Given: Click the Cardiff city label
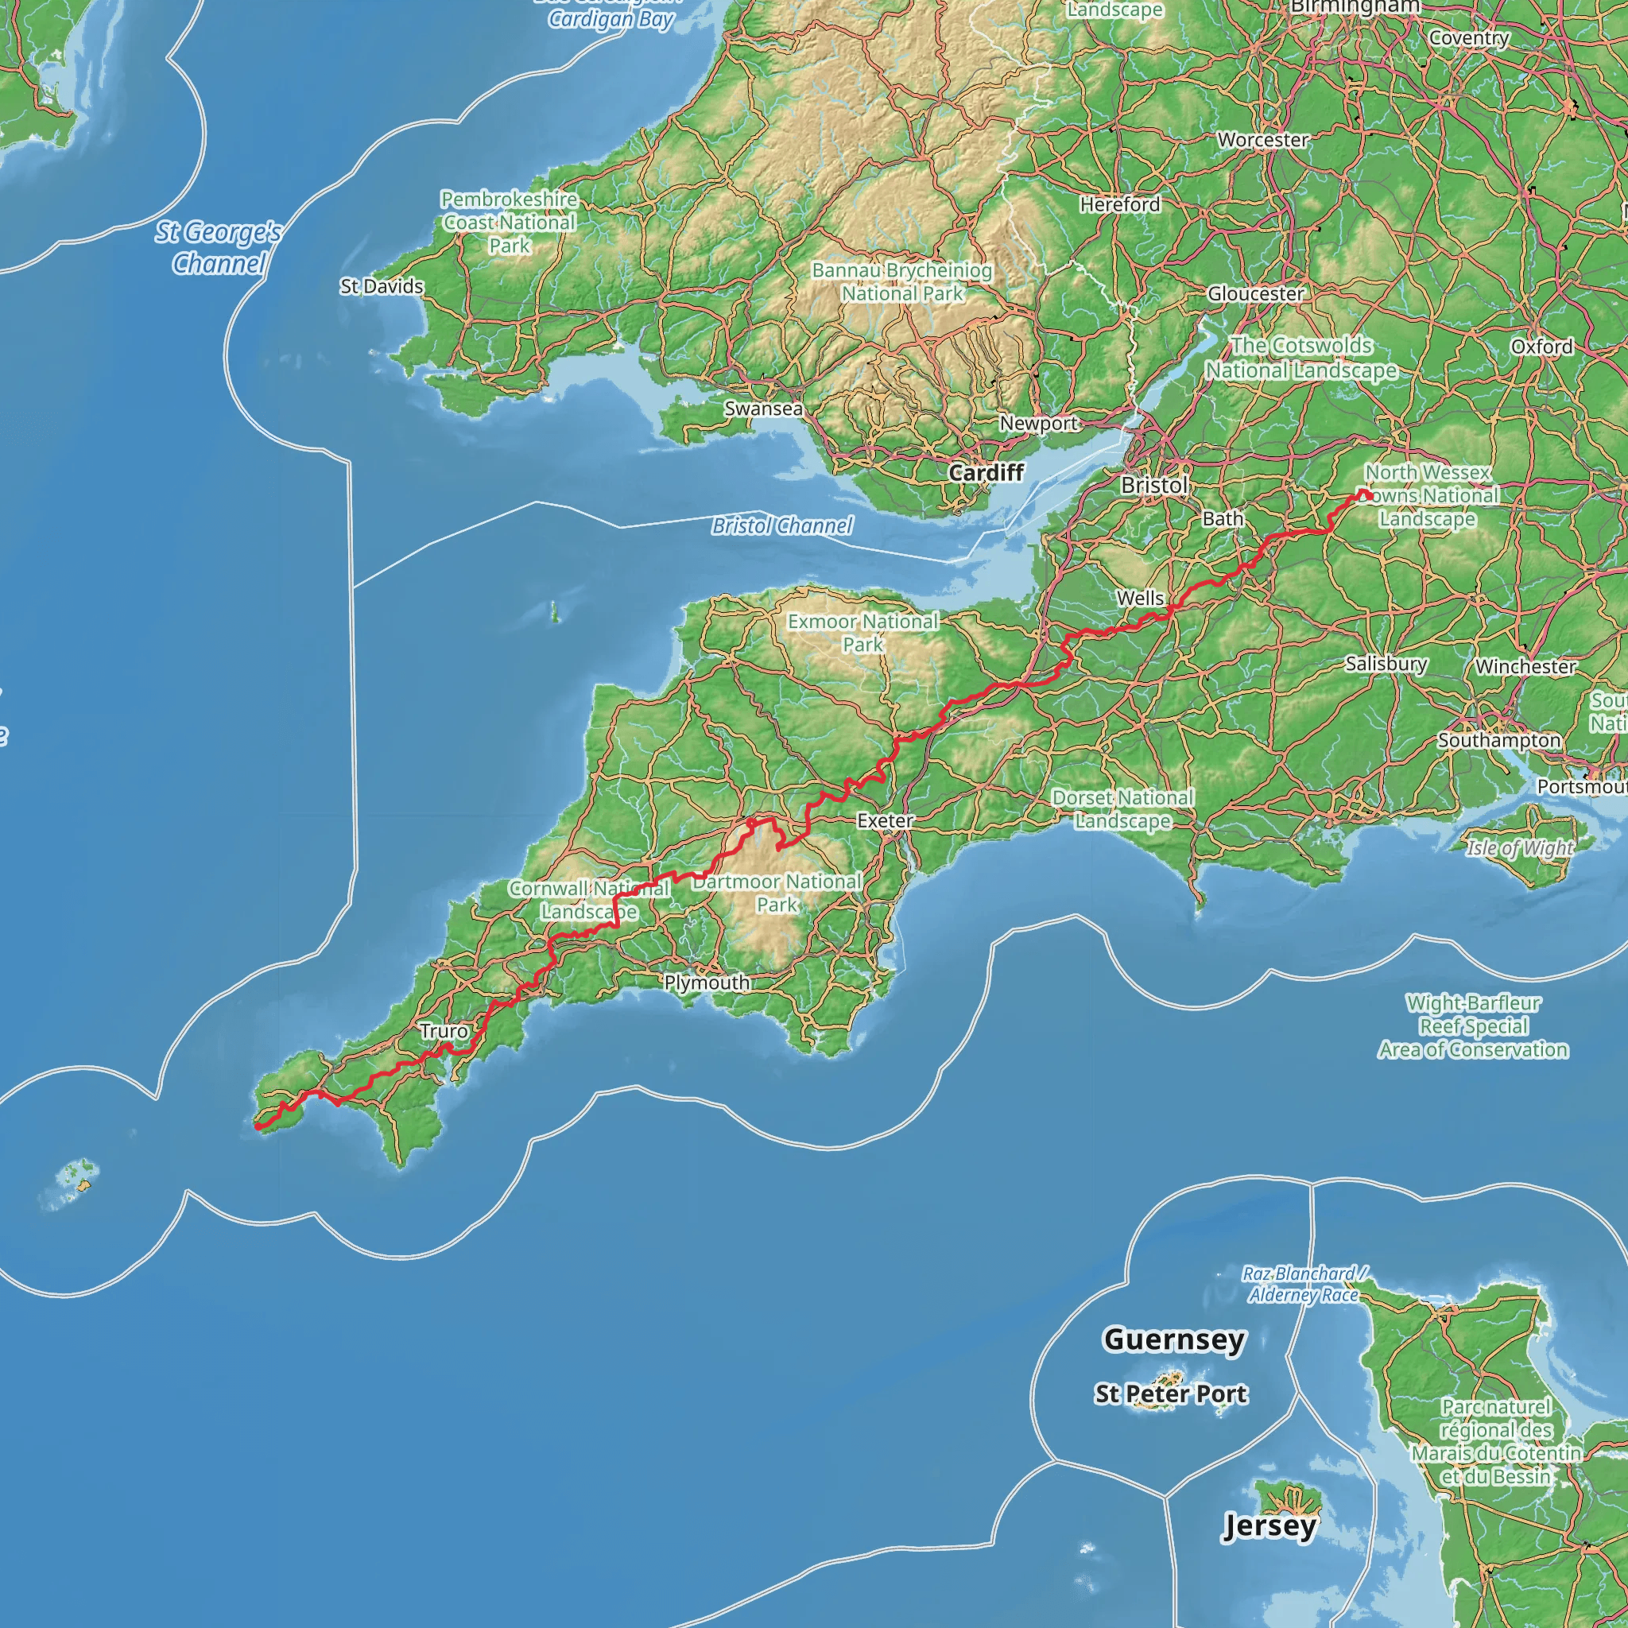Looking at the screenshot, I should (x=986, y=472).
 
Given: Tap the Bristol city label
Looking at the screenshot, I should (x=1153, y=485).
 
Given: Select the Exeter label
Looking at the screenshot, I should (x=885, y=820).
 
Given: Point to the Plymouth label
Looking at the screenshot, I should (x=707, y=983).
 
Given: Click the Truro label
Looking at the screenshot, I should (x=444, y=1030).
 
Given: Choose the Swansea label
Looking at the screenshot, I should (x=763, y=409).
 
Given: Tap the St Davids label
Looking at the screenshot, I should (x=382, y=286).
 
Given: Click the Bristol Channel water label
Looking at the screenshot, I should (x=782, y=525).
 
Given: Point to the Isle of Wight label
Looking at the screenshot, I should (x=1519, y=847).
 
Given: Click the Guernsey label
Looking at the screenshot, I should (x=1174, y=1339).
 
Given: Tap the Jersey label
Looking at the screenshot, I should (x=1269, y=1525).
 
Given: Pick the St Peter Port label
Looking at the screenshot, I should (x=1170, y=1393).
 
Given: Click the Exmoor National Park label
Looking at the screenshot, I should (x=862, y=633).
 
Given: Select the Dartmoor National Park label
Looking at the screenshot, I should (x=777, y=893).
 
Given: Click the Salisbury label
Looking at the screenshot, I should (x=1386, y=664).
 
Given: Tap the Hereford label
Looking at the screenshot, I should (x=1120, y=204).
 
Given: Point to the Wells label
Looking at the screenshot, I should (x=1140, y=598).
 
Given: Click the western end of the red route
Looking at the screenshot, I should (x=257, y=1126).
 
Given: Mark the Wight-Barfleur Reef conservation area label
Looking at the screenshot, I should (x=1473, y=1026).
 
